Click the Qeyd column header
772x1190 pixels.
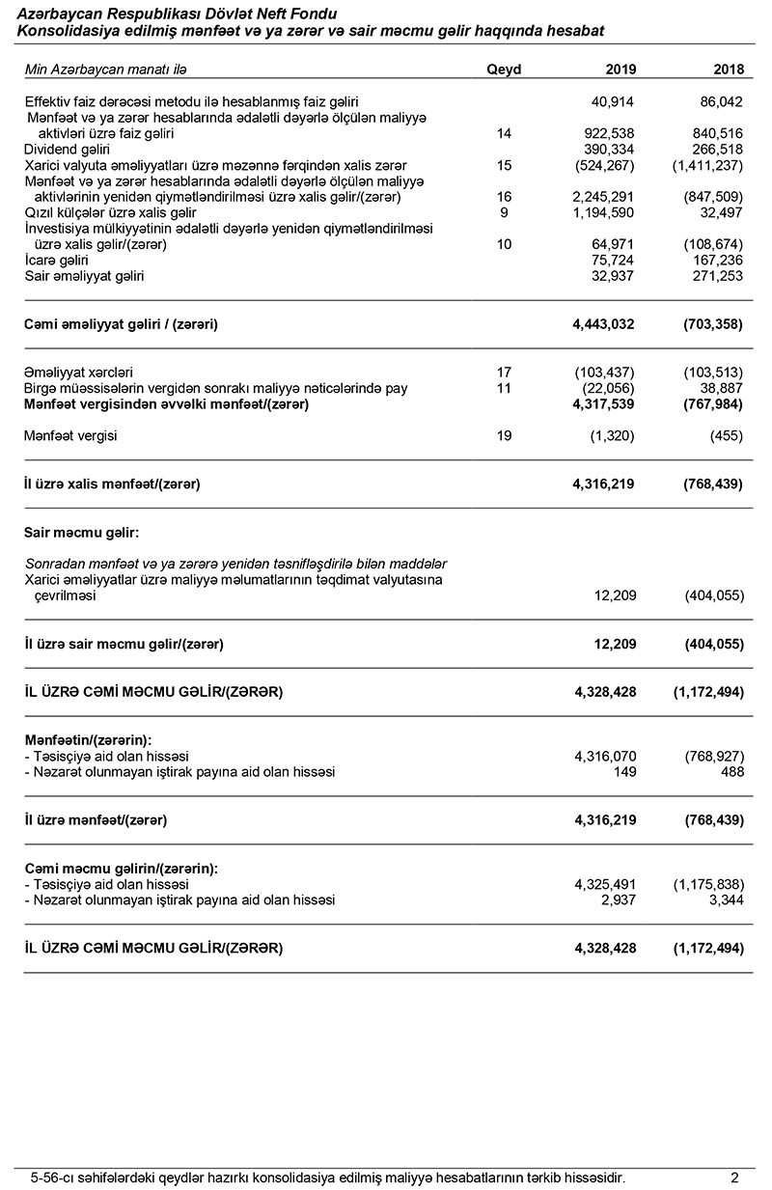504,69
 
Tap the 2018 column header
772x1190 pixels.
727,69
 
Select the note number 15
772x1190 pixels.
504,166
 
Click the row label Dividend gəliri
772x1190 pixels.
67,150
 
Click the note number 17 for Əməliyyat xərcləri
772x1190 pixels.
504,373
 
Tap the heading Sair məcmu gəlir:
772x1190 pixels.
82,533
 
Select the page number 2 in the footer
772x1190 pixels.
734,1176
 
